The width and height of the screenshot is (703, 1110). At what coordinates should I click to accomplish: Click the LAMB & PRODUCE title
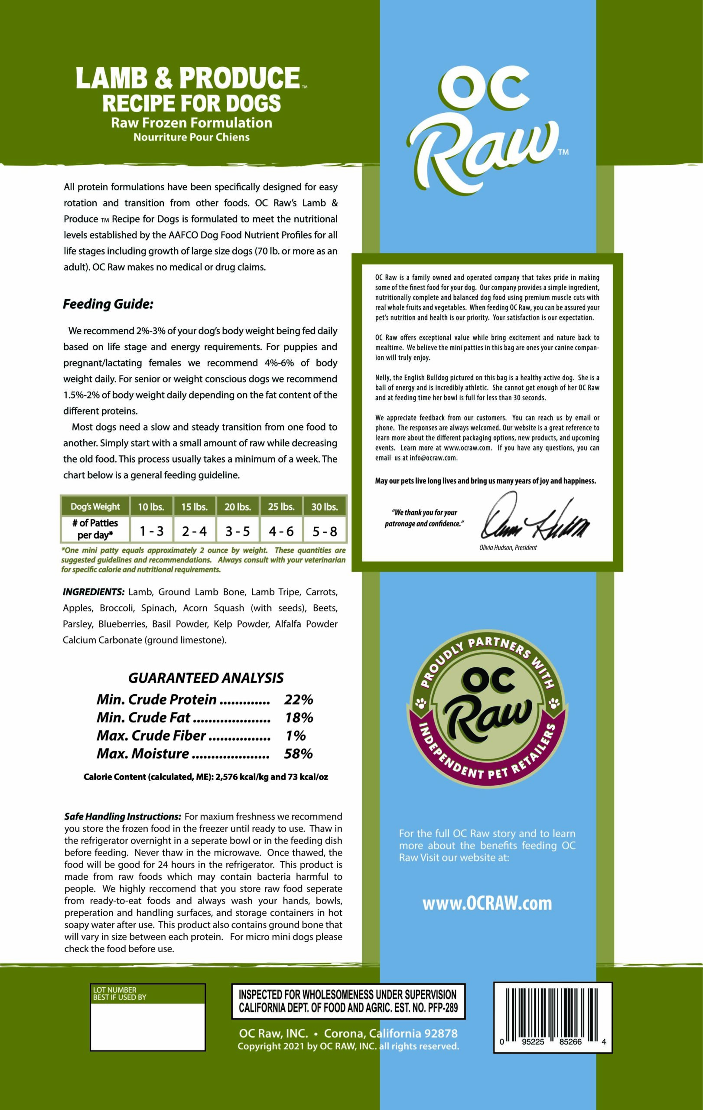pyautogui.click(x=188, y=78)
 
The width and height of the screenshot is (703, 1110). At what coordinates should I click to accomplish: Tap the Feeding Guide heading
pyautogui.click(x=108, y=304)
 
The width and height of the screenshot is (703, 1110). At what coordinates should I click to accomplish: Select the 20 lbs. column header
pyautogui.click(x=237, y=506)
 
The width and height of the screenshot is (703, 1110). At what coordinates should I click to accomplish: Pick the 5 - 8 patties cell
pyautogui.click(x=325, y=532)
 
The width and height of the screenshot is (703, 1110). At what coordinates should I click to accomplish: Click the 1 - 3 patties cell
pyautogui.click(x=152, y=532)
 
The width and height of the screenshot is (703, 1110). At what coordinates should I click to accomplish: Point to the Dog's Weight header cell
pyautogui.click(x=95, y=506)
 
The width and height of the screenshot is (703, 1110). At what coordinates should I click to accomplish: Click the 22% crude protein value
pyautogui.click(x=299, y=699)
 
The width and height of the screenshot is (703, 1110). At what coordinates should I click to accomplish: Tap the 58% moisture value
pyautogui.click(x=299, y=754)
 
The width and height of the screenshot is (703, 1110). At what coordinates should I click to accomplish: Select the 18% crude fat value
pyautogui.click(x=299, y=717)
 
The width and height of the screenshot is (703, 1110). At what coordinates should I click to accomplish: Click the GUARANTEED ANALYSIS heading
pyautogui.click(x=205, y=678)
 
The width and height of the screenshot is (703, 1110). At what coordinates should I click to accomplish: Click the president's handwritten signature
pyautogui.click(x=534, y=519)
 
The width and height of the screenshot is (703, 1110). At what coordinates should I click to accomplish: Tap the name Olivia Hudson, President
pyautogui.click(x=508, y=548)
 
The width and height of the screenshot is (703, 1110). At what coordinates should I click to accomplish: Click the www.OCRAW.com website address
pyautogui.click(x=487, y=903)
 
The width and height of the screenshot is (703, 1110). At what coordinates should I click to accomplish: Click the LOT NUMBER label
pyautogui.click(x=115, y=990)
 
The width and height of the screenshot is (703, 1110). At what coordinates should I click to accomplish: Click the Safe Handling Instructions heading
pyautogui.click(x=123, y=816)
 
